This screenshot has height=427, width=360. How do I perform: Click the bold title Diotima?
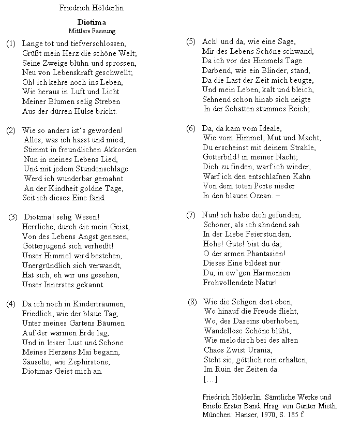pyautogui.click(x=92, y=22)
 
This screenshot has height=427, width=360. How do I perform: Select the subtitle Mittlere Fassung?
pyautogui.click(x=92, y=31)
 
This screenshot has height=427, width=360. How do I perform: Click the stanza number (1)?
pyautogui.click(x=11, y=44)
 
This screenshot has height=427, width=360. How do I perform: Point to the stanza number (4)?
pyautogui.click(x=11, y=304)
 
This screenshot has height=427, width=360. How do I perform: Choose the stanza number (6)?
pyautogui.click(x=191, y=128)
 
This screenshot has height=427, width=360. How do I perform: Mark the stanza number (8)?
pyautogui.click(x=192, y=302)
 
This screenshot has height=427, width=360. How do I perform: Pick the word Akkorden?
pyautogui.click(x=119, y=150)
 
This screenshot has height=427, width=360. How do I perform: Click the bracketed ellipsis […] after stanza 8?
pyautogui.click(x=211, y=379)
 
